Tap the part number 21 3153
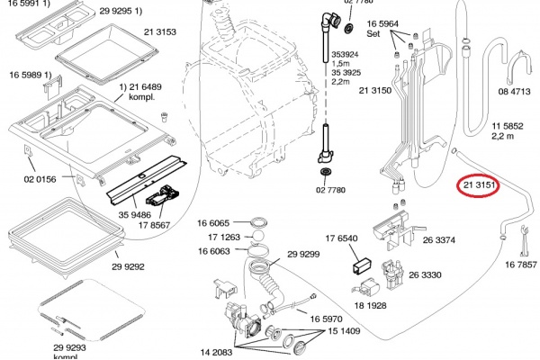coord(157,32)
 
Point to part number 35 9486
coord(134,216)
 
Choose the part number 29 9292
coord(130,266)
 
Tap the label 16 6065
coord(213,221)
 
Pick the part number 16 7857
coord(521,265)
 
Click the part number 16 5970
coord(328,319)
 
